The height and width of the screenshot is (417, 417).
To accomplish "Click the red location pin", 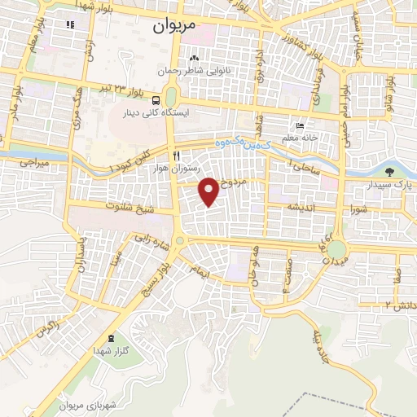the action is [x=209, y=191].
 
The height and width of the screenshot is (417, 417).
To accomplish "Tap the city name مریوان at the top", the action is [x=175, y=25].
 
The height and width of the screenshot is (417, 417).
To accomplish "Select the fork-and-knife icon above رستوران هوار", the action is [x=175, y=154].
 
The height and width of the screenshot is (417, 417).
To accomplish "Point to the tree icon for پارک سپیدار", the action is [x=389, y=172].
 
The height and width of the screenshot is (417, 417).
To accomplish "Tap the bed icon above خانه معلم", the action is [x=300, y=126].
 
